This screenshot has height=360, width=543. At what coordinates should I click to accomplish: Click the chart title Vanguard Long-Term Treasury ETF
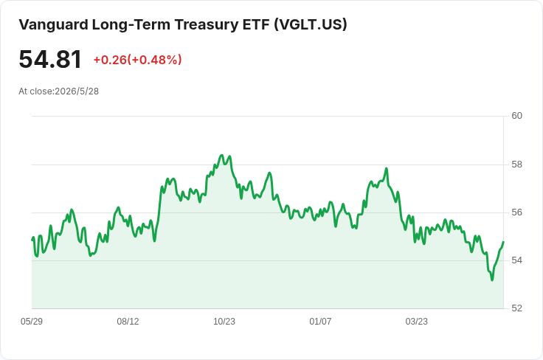point(144,25)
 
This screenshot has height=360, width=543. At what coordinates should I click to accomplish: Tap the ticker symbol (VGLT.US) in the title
point(311,25)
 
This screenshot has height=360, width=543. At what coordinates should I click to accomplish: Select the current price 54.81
point(50,60)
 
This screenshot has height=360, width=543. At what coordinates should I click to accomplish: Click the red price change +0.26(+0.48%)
point(137,60)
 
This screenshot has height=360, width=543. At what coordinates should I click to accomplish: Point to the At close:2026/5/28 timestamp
point(58,91)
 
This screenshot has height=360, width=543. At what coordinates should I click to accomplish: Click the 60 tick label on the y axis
point(516,116)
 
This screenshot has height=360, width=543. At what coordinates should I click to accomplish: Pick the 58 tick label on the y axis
point(516,165)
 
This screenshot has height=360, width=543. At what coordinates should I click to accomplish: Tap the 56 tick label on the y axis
point(516,212)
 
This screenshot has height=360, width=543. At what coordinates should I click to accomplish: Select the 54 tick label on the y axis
point(516,260)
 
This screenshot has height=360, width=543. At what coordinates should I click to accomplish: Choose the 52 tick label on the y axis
point(516,308)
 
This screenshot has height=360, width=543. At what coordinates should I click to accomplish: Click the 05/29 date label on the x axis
point(32,322)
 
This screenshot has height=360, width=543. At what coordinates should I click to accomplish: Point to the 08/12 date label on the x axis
point(128,322)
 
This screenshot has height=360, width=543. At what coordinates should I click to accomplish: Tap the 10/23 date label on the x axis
point(224,322)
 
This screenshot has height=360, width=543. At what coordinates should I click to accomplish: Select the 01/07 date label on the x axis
point(320,322)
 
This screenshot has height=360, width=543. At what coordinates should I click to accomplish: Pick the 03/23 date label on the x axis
point(417,322)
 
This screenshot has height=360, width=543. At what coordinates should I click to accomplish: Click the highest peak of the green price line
point(222,155)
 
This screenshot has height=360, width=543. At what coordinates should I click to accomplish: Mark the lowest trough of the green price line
point(492,280)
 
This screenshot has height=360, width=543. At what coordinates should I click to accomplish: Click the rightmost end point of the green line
point(503,242)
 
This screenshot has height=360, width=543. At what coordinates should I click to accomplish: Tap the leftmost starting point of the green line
point(32,240)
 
